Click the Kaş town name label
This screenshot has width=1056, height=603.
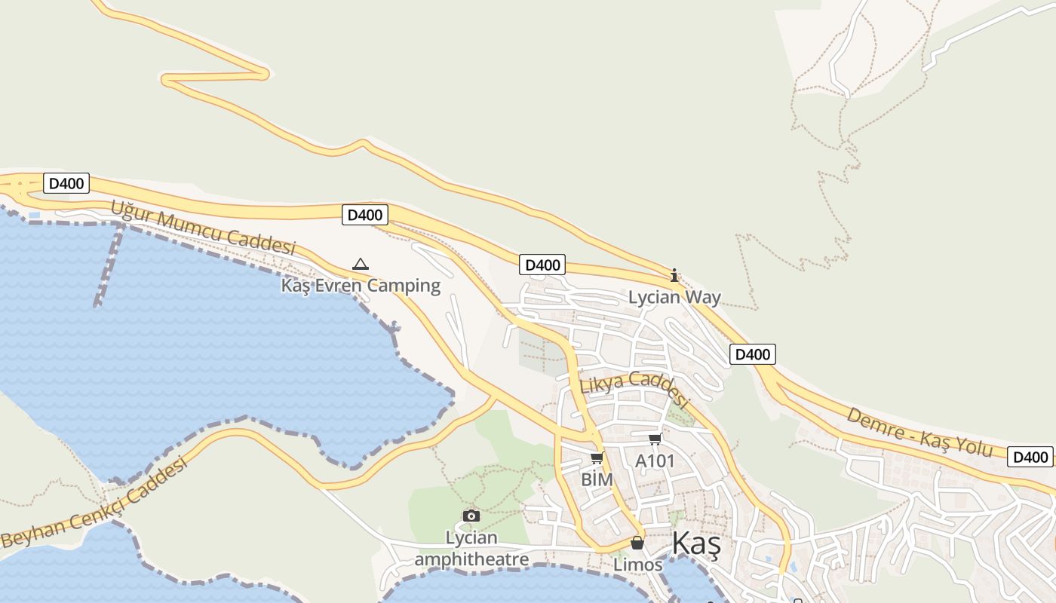(x=695, y=543)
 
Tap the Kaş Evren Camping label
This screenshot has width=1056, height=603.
(x=361, y=286)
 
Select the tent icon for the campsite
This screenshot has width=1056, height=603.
(x=361, y=265)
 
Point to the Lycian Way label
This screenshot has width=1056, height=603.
(x=674, y=297)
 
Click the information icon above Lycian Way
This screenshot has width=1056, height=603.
(x=674, y=275)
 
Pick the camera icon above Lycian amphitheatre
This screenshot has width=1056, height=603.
(x=471, y=516)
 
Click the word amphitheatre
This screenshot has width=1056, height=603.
(x=471, y=559)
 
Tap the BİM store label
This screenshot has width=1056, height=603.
(x=596, y=479)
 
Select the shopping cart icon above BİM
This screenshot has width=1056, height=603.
(x=597, y=458)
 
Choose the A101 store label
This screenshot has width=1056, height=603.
(x=655, y=461)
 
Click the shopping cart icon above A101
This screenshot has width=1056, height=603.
(x=655, y=439)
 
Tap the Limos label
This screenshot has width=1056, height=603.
(x=637, y=565)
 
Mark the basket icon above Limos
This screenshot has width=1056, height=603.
(x=637, y=543)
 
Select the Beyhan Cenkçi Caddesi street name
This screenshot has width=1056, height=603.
(x=94, y=504)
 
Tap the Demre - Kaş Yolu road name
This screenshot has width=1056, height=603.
(x=919, y=432)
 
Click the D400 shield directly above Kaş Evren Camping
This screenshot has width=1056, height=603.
(x=365, y=215)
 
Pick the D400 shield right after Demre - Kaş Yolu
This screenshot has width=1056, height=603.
(x=1030, y=457)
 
